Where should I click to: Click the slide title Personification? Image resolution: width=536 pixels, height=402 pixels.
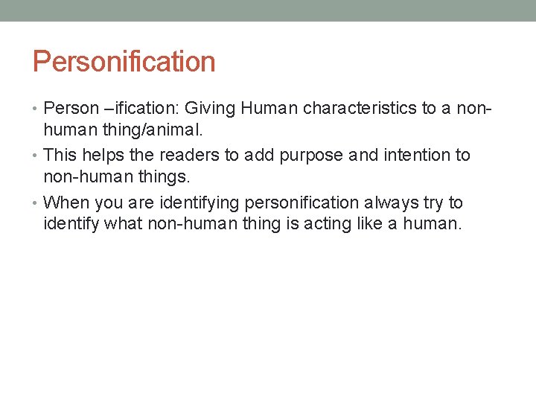click(x=124, y=62)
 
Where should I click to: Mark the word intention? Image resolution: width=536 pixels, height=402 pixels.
click(x=413, y=156)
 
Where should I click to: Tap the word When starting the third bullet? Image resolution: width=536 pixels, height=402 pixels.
click(x=66, y=203)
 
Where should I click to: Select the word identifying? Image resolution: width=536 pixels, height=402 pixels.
click(x=197, y=203)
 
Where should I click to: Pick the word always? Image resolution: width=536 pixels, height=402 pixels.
click(x=387, y=203)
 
